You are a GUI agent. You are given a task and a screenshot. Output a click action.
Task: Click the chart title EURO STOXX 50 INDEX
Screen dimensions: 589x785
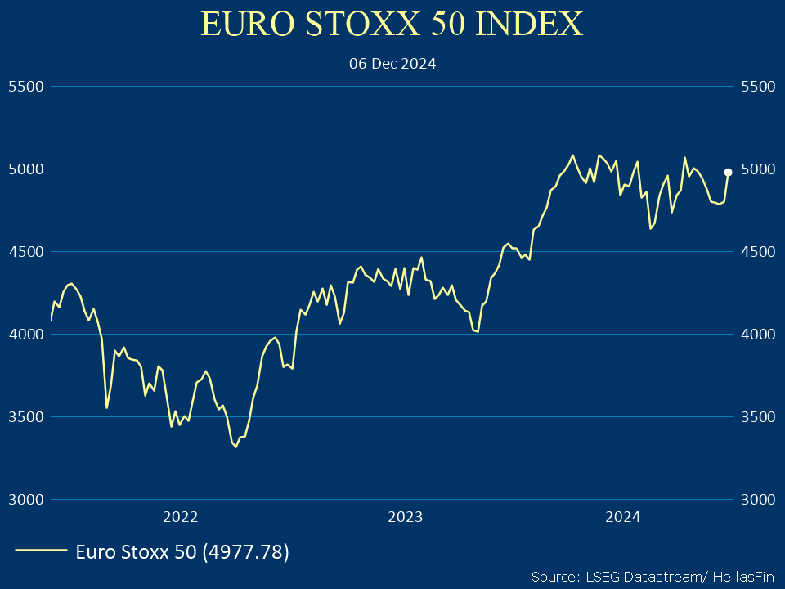tap(392, 24)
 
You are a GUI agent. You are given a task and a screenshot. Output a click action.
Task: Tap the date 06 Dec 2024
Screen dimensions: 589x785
tap(392, 64)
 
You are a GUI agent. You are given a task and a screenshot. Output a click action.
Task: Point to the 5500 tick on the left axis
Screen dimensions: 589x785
tap(25, 86)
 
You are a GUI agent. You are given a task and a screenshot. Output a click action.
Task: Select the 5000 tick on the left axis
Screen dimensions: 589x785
tap(25, 169)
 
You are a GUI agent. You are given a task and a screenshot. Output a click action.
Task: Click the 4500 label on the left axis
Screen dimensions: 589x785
tap(25, 251)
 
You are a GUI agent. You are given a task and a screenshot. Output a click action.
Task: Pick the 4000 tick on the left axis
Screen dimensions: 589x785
tap(25, 334)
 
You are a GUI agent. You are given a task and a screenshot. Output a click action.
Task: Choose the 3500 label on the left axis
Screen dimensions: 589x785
tap(25, 416)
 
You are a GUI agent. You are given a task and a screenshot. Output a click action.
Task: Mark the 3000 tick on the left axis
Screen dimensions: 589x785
tap(25, 499)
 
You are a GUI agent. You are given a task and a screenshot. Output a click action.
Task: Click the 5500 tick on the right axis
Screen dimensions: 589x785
tap(756, 86)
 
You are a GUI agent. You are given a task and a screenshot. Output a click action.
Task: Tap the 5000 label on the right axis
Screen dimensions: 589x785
tap(756, 169)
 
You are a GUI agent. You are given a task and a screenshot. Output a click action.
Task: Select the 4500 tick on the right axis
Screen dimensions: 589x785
tap(756, 251)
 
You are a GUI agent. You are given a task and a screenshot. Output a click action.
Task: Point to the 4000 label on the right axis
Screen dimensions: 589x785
tap(756, 334)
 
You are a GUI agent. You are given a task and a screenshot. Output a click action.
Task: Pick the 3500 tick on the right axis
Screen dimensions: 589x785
tap(756, 416)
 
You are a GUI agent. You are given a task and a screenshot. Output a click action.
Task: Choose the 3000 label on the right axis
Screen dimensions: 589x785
tap(756, 499)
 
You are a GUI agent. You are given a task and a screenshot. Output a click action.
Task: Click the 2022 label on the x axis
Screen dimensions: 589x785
tap(181, 516)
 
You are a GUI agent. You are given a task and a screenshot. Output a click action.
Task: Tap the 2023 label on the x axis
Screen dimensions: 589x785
tap(405, 516)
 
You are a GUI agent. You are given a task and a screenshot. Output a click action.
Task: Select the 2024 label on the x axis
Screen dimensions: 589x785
tap(622, 516)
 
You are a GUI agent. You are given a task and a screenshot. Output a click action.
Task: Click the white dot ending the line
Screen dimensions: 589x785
tap(728, 172)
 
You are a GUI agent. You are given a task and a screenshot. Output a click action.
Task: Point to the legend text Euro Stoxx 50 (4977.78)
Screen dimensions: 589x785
tap(182, 552)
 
